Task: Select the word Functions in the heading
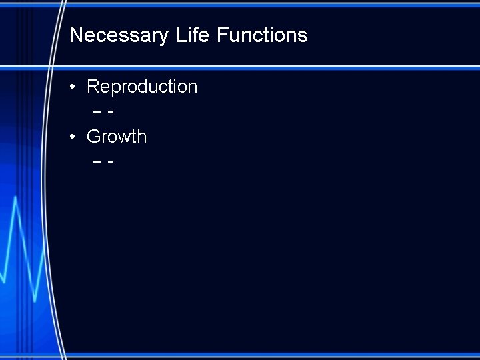[262, 35]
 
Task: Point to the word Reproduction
[142, 87]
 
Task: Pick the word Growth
[117, 137]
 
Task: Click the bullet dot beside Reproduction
[73, 87]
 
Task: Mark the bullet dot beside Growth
[73, 137]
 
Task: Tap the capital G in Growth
[94, 137]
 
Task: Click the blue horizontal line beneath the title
[267, 67]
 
